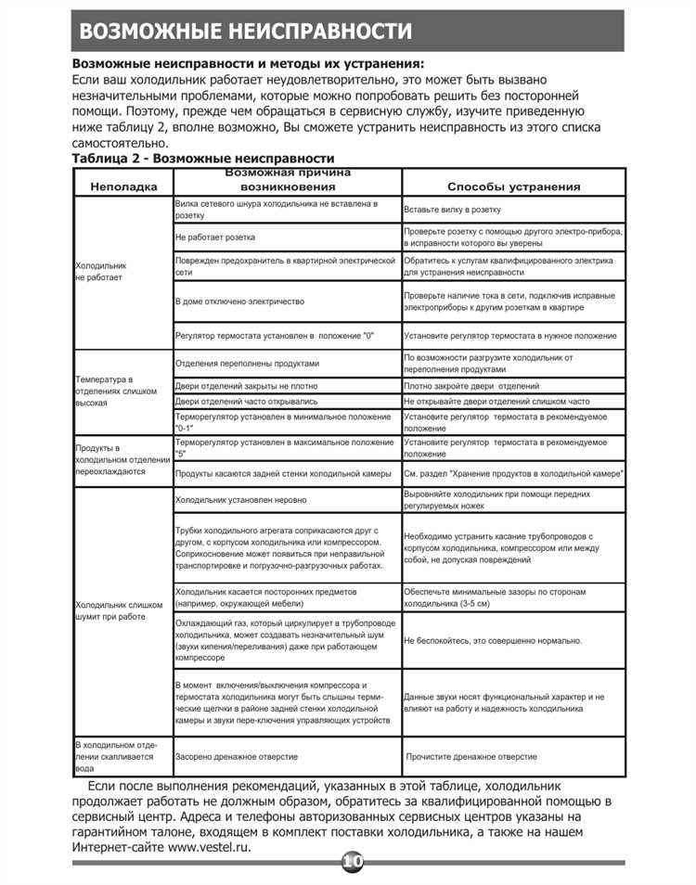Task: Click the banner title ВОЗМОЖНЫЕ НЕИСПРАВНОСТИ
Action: (246, 31)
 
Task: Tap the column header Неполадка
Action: (123, 186)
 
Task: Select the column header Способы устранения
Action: (513, 186)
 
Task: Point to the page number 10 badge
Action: (353, 863)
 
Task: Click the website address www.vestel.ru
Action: (208, 848)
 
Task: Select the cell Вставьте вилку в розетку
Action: (453, 210)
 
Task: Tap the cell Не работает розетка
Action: (215, 238)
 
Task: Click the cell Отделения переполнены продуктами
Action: (247, 363)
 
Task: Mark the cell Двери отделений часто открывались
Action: (247, 402)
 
